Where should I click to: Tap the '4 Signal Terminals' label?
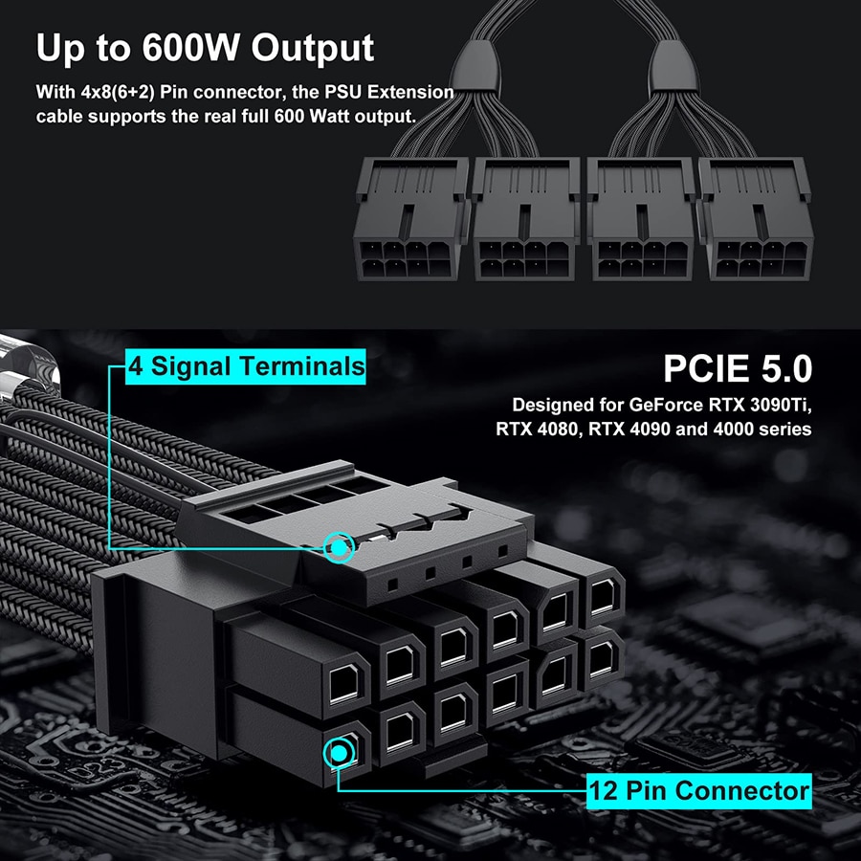tap(248, 365)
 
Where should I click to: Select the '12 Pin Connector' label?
tap(699, 791)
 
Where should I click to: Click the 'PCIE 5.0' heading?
tap(738, 368)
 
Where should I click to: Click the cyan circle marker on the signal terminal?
tap(339, 547)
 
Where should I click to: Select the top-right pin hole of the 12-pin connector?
tap(603, 596)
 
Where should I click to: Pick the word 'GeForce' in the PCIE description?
tap(655, 404)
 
